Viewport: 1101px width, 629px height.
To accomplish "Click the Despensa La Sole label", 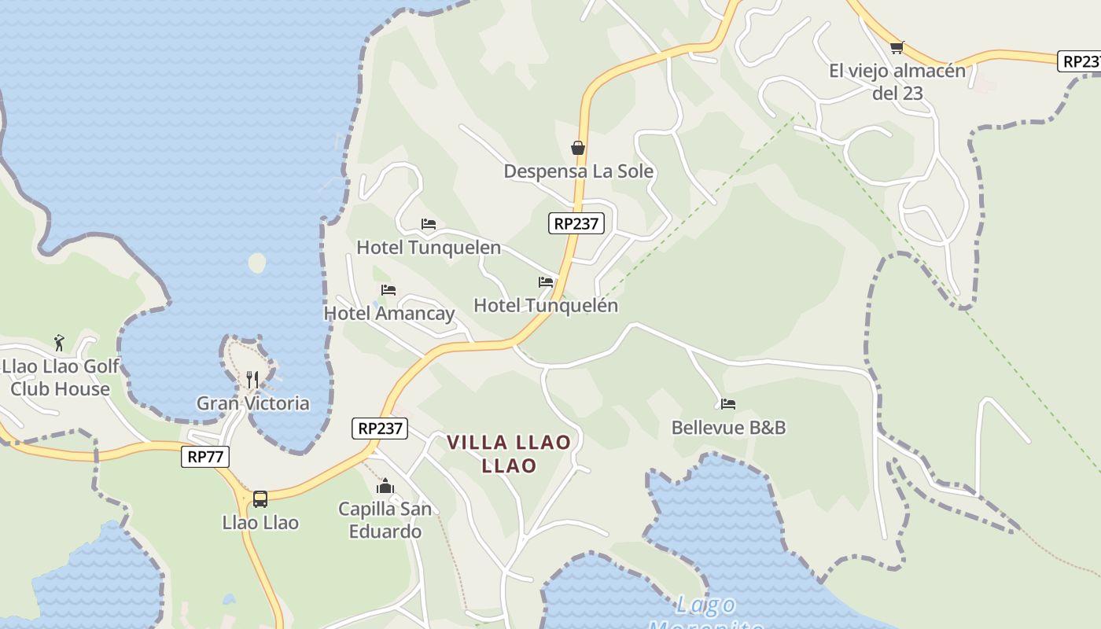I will point(578,171).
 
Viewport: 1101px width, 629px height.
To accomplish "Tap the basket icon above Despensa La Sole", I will point(578,148).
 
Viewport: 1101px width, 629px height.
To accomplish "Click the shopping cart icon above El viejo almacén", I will point(897,47).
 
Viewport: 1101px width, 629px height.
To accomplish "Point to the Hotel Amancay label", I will point(389,313).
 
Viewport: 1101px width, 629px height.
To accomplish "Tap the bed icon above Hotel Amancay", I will point(388,290).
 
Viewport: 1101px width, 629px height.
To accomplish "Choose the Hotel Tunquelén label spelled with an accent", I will point(546,305).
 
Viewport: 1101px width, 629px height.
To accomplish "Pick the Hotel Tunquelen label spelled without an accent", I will point(429,247).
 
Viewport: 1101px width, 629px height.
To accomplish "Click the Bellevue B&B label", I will point(728,427).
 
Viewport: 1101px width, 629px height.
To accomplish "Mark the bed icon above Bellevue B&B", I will point(728,404).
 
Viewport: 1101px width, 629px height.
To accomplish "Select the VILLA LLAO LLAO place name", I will point(509,454).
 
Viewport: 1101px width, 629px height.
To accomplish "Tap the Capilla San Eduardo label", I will point(385,520).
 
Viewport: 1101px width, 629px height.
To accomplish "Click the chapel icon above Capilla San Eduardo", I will point(385,487).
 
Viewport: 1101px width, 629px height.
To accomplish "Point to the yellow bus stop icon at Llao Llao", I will point(260,498).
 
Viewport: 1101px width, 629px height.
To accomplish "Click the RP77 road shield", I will point(205,457).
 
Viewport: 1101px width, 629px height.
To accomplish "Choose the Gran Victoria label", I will point(252,403).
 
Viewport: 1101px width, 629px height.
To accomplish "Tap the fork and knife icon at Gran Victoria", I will point(252,380).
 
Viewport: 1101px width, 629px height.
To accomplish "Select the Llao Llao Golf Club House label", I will point(61,377).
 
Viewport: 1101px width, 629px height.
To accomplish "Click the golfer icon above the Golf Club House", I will point(59,343).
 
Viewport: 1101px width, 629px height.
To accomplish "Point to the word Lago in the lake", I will point(705,605).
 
